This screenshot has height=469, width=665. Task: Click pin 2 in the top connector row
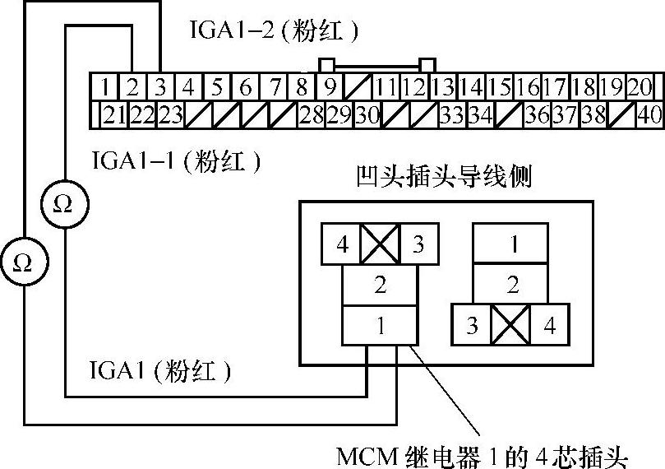[133, 86]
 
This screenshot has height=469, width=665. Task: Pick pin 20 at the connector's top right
[640, 86]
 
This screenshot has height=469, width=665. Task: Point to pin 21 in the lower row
[113, 115]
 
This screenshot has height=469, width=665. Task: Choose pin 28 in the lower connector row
[311, 115]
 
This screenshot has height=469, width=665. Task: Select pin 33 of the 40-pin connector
[450, 115]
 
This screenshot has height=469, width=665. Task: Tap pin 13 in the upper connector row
[444, 86]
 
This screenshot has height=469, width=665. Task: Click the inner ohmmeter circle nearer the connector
[62, 203]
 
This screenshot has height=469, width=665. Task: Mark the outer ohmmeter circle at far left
[23, 262]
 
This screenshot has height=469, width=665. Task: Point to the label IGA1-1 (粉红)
[178, 161]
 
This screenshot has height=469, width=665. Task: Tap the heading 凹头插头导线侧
[445, 178]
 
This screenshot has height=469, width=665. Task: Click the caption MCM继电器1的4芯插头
[488, 453]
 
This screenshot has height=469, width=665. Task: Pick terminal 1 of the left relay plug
[381, 325]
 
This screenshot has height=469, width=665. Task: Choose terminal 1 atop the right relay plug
[512, 244]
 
